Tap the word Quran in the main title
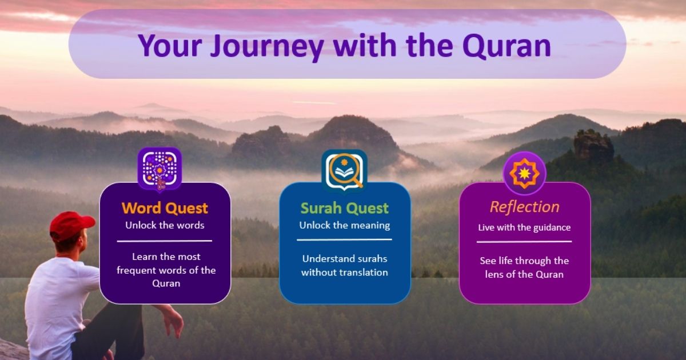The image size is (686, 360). (x=508, y=46)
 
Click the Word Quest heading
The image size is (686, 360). (x=165, y=208)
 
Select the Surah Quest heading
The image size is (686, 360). (x=345, y=208)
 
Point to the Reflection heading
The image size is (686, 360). (x=525, y=207)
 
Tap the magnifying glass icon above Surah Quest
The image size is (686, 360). (x=344, y=171)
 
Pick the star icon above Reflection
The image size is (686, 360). (x=525, y=173)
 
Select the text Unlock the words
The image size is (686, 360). (x=165, y=225)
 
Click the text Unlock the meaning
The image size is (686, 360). (x=345, y=225)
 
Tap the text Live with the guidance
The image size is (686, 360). (x=524, y=227)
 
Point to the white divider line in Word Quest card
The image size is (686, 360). (x=165, y=241)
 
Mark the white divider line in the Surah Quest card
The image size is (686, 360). (x=344, y=239)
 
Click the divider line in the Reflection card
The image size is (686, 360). (x=524, y=242)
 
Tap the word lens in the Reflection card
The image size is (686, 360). (x=494, y=274)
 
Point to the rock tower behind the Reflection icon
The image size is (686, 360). (x=593, y=146)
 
